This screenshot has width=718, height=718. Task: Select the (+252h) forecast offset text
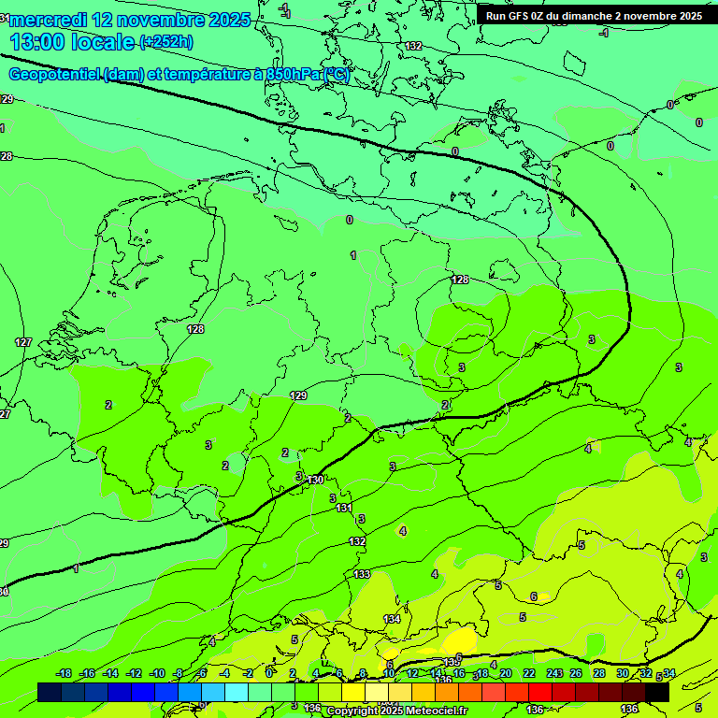click(166, 42)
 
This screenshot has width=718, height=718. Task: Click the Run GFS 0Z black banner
click(594, 16)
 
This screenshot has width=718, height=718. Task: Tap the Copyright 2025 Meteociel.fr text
click(395, 711)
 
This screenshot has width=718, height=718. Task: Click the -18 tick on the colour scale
click(64, 673)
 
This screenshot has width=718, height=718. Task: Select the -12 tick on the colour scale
click(134, 673)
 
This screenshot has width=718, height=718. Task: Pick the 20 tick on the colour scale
click(505, 673)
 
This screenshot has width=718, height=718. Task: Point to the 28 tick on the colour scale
click(598, 673)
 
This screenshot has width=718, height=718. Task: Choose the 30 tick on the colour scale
click(623, 673)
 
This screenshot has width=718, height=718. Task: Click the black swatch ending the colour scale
click(657, 692)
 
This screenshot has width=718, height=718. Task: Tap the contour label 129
click(298, 395)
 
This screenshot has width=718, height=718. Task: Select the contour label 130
click(316, 480)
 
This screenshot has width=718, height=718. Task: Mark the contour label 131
click(344, 508)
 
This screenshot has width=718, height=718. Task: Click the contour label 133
click(362, 574)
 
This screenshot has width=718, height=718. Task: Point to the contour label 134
click(393, 619)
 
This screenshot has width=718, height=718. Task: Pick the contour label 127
click(23, 342)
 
